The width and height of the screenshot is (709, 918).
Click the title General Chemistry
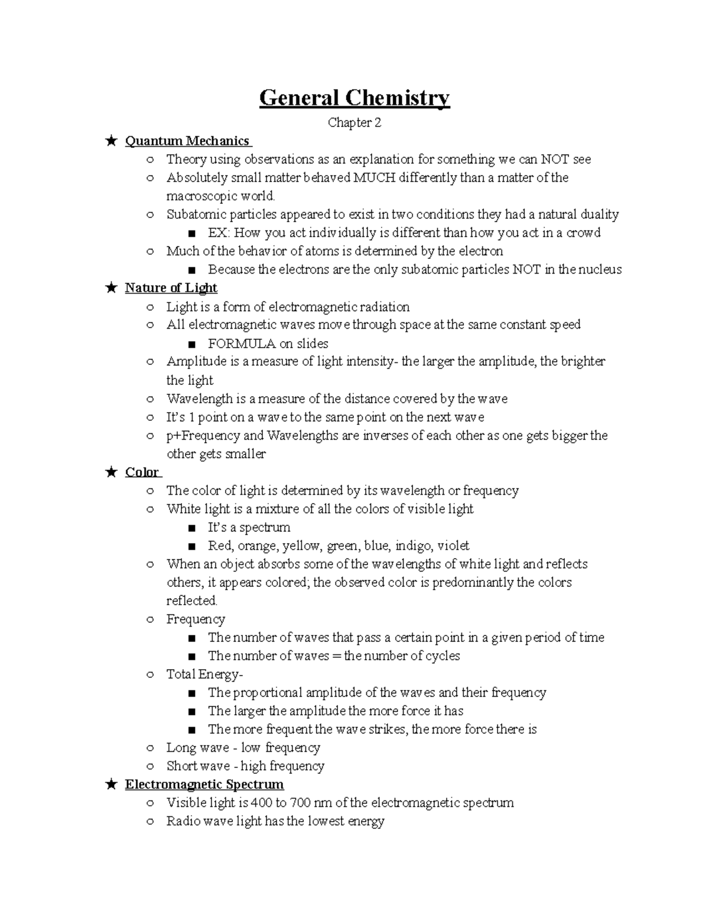click(354, 98)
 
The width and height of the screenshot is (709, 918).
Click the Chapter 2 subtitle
click(354, 123)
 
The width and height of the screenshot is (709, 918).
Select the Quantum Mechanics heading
click(187, 141)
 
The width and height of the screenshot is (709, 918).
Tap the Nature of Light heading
click(171, 288)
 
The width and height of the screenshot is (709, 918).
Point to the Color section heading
click(142, 472)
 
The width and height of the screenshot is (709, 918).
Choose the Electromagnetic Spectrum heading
click(204, 784)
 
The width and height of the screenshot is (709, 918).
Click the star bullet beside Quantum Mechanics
click(110, 141)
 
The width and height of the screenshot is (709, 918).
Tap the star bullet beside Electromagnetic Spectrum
click(110, 784)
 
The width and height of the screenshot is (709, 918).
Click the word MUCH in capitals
click(374, 178)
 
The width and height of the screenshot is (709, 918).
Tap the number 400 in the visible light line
click(262, 803)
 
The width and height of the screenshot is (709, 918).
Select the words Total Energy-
click(204, 674)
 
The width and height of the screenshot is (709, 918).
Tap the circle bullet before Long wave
click(150, 748)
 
